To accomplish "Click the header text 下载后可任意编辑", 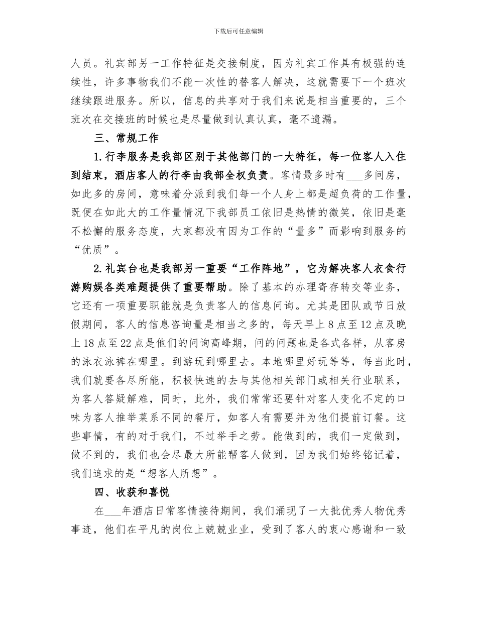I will click(x=238, y=31).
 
